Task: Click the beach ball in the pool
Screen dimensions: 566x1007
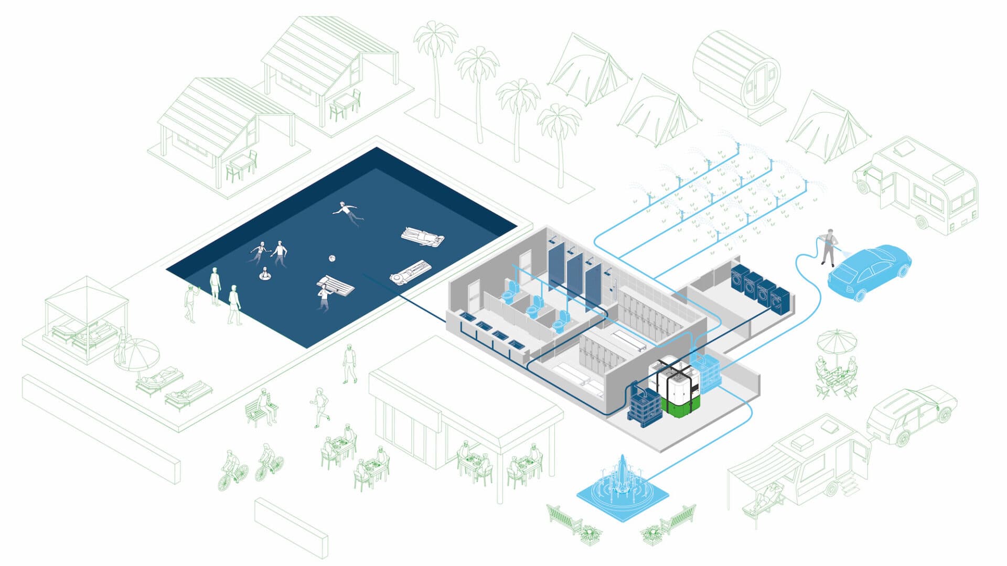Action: click(331, 258)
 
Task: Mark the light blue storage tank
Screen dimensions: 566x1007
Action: click(705, 372)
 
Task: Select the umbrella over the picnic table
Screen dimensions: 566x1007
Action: click(837, 341)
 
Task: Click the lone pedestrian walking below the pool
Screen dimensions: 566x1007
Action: click(349, 363)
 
